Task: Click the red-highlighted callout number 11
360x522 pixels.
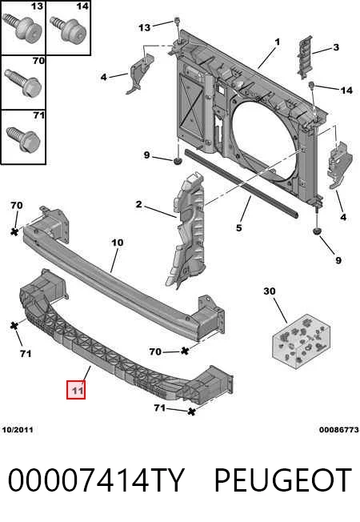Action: [76, 389]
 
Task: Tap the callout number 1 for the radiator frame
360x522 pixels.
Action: [277, 42]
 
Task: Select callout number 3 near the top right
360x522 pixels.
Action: [336, 47]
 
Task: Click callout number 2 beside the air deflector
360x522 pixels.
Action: [138, 204]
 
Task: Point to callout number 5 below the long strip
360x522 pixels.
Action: [239, 228]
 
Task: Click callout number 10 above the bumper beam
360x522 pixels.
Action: [117, 243]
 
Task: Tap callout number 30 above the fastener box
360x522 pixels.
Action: [270, 291]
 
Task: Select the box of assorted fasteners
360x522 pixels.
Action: [302, 341]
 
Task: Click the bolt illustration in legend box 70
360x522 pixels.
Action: [24, 82]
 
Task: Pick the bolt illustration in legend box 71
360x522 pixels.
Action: [24, 139]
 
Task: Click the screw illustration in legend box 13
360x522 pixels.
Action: [23, 27]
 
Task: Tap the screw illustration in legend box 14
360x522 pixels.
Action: [68, 29]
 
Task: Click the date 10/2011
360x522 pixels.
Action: [18, 430]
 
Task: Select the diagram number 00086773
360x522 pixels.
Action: [339, 430]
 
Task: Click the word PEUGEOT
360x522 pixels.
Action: [283, 480]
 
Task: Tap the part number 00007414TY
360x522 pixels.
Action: [96, 480]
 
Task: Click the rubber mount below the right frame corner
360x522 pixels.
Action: [317, 231]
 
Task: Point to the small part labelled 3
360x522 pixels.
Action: [305, 57]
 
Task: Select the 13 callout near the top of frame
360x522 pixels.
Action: [144, 28]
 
